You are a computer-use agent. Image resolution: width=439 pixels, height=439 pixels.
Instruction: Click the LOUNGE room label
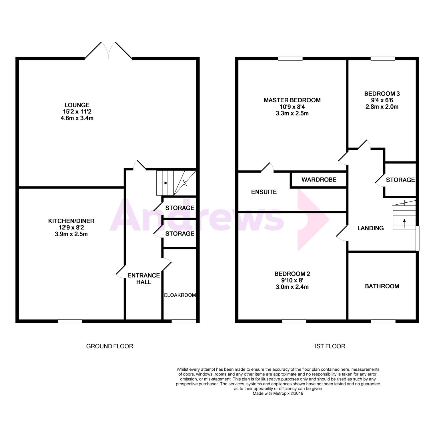click(x=77, y=105)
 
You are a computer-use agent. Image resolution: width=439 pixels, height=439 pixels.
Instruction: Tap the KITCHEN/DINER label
click(x=71, y=221)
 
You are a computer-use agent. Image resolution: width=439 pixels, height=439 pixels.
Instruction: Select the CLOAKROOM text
click(x=180, y=295)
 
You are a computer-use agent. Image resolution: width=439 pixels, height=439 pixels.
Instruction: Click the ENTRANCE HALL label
click(x=143, y=279)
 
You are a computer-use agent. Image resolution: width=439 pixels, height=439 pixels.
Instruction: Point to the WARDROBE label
click(x=319, y=180)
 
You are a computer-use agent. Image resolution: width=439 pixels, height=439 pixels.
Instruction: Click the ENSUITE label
click(x=264, y=192)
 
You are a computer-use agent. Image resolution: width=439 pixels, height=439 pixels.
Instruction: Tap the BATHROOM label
click(x=382, y=286)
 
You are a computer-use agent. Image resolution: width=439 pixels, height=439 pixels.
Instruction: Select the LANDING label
click(x=370, y=228)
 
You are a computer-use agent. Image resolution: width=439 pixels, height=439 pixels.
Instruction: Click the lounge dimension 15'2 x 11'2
click(x=77, y=112)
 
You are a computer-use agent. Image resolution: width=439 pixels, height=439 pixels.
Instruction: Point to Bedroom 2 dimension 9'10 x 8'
click(x=292, y=280)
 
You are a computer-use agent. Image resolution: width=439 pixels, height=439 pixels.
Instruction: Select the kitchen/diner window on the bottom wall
click(x=70, y=321)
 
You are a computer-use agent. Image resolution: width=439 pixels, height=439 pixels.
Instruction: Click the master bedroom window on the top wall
click(x=290, y=59)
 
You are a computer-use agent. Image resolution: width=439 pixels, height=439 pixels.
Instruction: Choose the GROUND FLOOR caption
click(x=110, y=346)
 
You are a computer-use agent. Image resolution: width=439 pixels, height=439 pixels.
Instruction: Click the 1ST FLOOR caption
click(x=329, y=346)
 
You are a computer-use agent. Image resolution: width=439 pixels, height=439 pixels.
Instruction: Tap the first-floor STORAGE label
click(x=400, y=180)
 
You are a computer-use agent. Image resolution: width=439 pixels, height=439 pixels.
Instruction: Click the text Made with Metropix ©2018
click(x=278, y=393)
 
